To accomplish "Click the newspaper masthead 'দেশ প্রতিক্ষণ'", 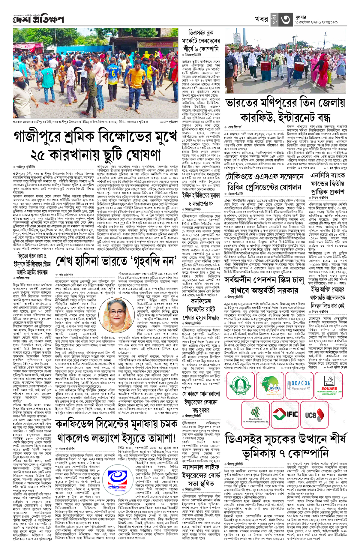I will pyautogui.click(x=38, y=20).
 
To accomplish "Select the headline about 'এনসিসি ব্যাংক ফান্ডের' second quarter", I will pyautogui.click(x=327, y=183).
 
